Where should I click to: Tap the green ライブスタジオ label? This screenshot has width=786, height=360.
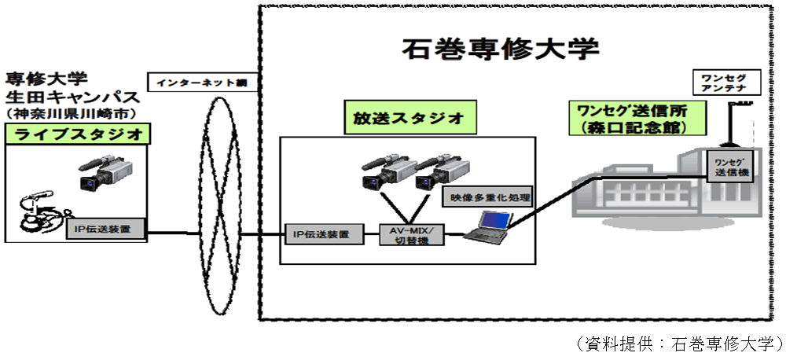[77, 134]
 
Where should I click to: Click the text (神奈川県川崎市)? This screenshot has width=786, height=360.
[71, 115]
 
